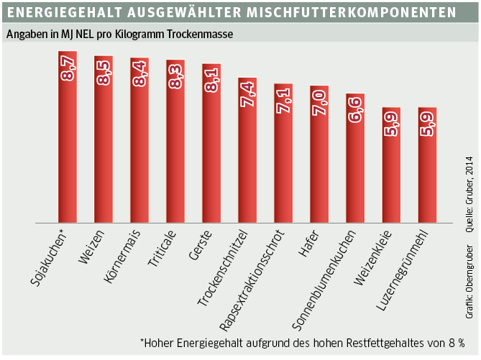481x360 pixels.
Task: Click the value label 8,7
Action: coord(68,67)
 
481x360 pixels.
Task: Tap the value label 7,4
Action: coord(248,93)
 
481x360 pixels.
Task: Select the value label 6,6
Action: coord(356,109)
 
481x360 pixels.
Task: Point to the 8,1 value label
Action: coord(212,79)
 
